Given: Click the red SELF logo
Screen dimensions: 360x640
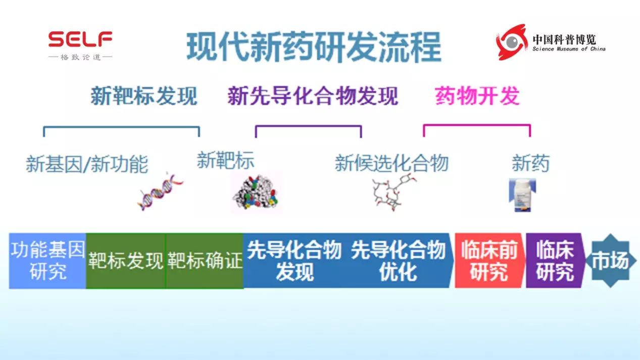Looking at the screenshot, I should pyautogui.click(x=80, y=39).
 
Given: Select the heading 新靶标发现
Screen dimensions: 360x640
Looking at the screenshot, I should pyautogui.click(x=143, y=96).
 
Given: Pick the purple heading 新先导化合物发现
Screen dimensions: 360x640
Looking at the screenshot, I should pyautogui.click(x=313, y=96).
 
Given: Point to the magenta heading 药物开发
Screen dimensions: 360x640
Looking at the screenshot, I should pyautogui.click(x=477, y=96).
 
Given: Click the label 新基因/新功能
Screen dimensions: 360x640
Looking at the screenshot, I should pyautogui.click(x=87, y=164).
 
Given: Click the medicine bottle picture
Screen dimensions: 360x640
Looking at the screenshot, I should pyautogui.click(x=521, y=196).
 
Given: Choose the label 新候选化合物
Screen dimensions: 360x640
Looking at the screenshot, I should pyautogui.click(x=391, y=164).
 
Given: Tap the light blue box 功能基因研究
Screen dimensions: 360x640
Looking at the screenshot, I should pyautogui.click(x=47, y=261).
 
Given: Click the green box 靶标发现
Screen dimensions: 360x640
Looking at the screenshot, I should pyautogui.click(x=126, y=261).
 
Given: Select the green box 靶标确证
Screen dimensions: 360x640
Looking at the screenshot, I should pyautogui.click(x=205, y=261).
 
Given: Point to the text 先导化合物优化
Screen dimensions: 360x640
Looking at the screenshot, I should pyautogui.click(x=398, y=261).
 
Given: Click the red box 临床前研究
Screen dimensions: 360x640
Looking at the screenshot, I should pyautogui.click(x=488, y=261).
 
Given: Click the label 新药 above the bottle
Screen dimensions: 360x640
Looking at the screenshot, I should pyautogui.click(x=530, y=164).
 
